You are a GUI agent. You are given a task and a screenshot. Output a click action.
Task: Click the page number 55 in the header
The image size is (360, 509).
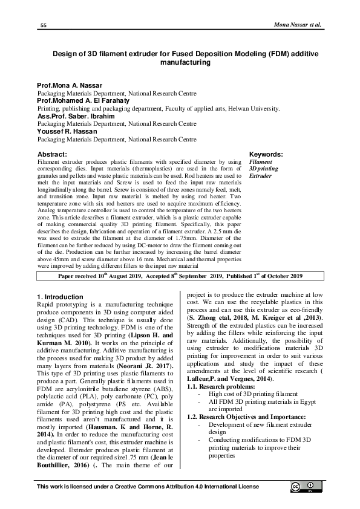44,25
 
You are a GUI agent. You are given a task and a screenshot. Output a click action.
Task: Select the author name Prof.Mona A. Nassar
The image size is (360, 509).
70,86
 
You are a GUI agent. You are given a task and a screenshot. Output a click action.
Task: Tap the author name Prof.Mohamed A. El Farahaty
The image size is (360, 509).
83,101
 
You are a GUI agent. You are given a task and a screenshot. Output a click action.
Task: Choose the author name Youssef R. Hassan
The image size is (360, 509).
67,131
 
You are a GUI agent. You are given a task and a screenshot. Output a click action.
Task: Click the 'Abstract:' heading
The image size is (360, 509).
52,155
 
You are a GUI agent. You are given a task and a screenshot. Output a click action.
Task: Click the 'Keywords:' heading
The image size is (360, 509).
267,155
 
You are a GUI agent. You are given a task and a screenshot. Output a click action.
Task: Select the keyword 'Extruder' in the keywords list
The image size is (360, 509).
261,177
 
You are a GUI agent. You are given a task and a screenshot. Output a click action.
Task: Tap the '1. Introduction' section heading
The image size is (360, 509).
61,297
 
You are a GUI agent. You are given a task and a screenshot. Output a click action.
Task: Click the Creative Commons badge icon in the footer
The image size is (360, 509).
304,488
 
